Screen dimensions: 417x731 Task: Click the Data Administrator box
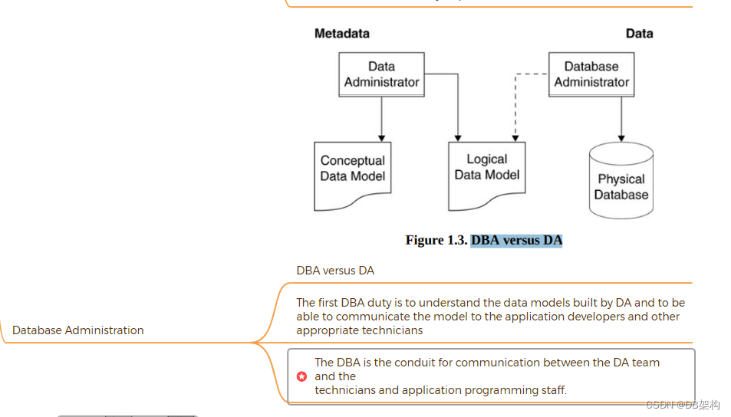(381, 74)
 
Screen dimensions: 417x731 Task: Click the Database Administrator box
(591, 74)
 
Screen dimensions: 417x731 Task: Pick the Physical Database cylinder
(621, 184)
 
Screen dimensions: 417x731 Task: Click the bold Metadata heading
(341, 34)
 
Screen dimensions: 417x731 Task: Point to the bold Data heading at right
(639, 34)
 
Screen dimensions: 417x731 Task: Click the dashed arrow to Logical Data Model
(515, 107)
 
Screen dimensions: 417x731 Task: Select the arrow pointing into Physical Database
(621, 119)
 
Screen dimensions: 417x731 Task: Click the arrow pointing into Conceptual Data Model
(381, 119)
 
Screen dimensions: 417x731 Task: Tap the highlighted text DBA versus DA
(516, 241)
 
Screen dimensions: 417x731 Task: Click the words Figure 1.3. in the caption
(436, 241)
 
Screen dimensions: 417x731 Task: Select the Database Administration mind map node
(78, 330)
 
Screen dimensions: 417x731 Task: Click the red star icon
(301, 376)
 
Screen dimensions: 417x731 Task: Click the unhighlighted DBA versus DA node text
(335, 271)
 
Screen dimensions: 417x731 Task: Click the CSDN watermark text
(682, 405)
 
